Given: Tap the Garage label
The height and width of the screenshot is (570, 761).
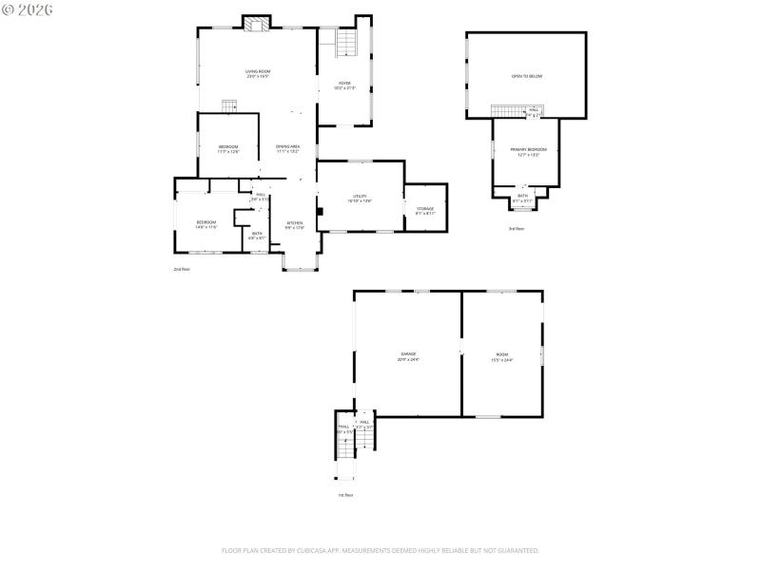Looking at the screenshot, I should [x=408, y=356].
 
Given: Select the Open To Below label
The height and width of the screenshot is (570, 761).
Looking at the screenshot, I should [x=526, y=76].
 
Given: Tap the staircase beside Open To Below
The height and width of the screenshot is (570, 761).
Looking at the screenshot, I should [x=508, y=112].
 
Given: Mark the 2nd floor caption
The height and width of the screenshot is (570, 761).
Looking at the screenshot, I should [x=182, y=270].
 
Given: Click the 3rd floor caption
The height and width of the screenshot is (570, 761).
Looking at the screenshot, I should [x=516, y=229].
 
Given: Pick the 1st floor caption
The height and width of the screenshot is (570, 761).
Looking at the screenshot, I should [x=346, y=495].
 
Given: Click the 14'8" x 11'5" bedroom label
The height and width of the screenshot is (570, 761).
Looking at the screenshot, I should [x=206, y=224].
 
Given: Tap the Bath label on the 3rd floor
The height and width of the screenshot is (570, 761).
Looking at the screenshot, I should [x=522, y=198].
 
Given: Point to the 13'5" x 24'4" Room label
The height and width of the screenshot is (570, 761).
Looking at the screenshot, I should [x=501, y=356].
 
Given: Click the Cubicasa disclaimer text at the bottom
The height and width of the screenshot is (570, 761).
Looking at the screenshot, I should [x=380, y=550].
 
